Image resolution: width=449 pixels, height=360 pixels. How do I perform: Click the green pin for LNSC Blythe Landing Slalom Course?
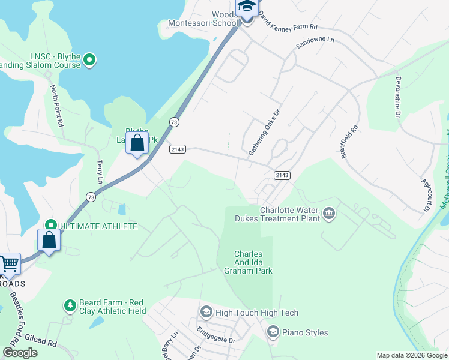coord(89,59)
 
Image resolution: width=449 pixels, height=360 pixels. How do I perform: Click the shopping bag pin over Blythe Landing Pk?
coord(137,144)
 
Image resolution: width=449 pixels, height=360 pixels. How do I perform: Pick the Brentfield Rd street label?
coord(350,142)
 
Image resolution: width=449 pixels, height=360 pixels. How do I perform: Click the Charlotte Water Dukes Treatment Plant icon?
coord(328,213)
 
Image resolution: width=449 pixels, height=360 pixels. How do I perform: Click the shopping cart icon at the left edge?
coord(8,263)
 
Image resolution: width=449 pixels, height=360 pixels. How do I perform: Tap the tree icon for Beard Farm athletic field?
coord(70,305)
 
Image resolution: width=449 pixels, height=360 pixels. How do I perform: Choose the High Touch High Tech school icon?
coord(206,312)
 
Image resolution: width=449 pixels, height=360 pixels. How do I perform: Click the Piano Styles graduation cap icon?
coord(273,332)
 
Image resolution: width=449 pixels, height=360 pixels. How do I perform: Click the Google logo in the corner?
coord(20,353)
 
